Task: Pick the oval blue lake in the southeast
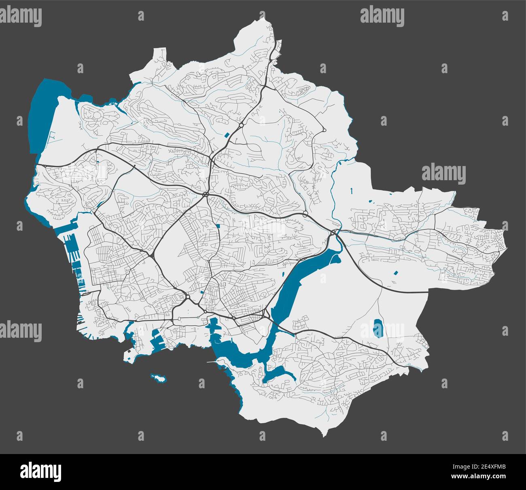tap(378, 328)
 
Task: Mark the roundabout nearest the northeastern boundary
tap(325, 130)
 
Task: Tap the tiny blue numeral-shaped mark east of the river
tap(352, 190)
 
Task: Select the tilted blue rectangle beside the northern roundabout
tap(227, 133)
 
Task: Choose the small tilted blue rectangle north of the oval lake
tap(395, 273)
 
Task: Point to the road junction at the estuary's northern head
tap(334, 232)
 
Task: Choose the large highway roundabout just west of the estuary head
tap(305, 213)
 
